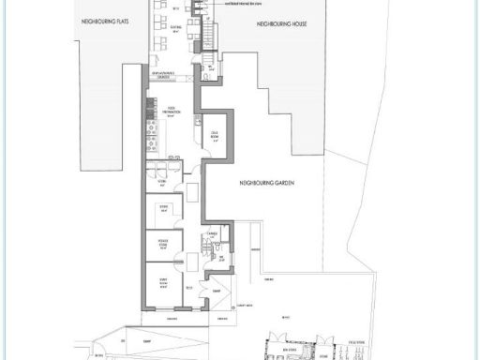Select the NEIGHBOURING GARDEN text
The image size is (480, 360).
coord(267,185)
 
